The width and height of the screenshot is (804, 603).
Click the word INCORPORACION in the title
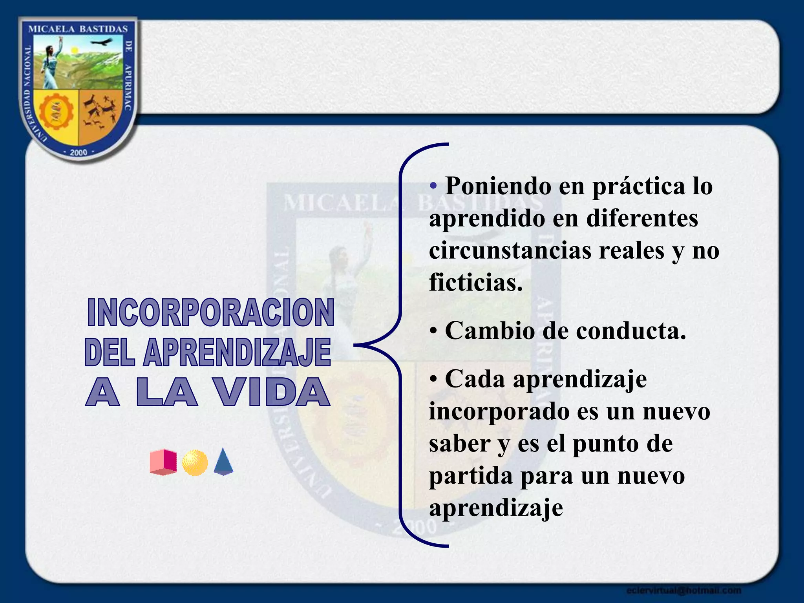pyautogui.click(x=211, y=312)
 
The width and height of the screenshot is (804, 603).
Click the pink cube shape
pyautogui.click(x=163, y=462)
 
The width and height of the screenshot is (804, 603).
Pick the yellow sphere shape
pyautogui.click(x=195, y=463)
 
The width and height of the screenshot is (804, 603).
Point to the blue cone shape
pyautogui.click(x=224, y=462)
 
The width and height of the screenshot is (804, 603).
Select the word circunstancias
pyautogui.click(x=510, y=250)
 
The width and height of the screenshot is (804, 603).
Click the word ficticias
pyautogui.click(x=475, y=282)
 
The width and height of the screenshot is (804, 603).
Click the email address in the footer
pyautogui.click(x=683, y=590)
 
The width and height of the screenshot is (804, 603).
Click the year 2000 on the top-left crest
pyautogui.click(x=78, y=152)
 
